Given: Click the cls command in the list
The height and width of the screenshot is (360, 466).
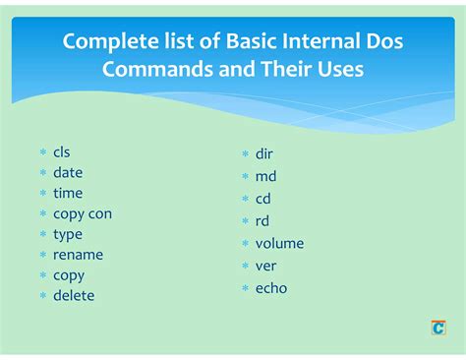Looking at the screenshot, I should (62, 152).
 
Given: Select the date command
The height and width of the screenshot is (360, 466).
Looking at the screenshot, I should (68, 172).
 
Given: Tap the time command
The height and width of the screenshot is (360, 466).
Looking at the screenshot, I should (68, 193).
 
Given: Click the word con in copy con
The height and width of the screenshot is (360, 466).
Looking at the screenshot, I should (100, 213).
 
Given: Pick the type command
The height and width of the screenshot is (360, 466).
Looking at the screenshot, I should (68, 234).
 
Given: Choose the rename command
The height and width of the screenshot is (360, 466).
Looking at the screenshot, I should (78, 255).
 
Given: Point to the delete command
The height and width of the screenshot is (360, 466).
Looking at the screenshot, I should (74, 295).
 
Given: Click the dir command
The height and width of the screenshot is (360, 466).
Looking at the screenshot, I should (263, 154).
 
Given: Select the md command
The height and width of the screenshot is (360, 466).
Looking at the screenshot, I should (265, 176).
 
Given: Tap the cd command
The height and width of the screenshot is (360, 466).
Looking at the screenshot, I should (263, 199).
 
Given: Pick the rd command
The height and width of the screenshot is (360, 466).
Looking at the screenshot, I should (262, 221).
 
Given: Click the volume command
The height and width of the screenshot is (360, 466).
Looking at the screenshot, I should (279, 243).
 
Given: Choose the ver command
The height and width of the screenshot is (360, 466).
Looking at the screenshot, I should (265, 266).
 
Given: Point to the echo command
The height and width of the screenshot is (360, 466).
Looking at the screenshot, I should (271, 288).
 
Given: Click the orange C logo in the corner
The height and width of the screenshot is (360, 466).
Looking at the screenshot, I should (438, 328).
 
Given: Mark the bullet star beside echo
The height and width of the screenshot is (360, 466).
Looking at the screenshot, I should (246, 289).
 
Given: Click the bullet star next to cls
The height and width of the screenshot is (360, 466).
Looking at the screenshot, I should (43, 153).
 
